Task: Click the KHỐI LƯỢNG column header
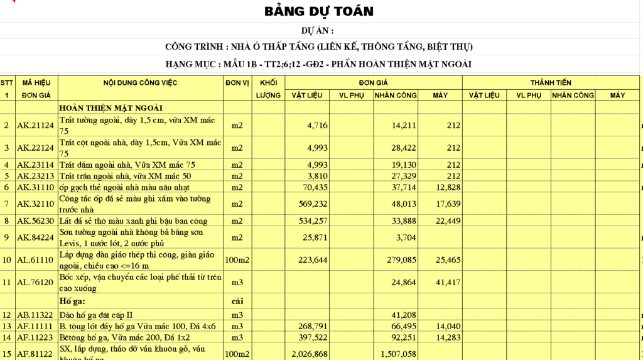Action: pyautogui.click(x=268, y=89)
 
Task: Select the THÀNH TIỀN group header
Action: pyautogui.click(x=550, y=82)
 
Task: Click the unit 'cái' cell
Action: pyautogui.click(x=237, y=301)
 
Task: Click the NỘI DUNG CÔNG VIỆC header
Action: pyautogui.click(x=140, y=82)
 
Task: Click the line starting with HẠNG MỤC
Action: pyautogui.click(x=318, y=64)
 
